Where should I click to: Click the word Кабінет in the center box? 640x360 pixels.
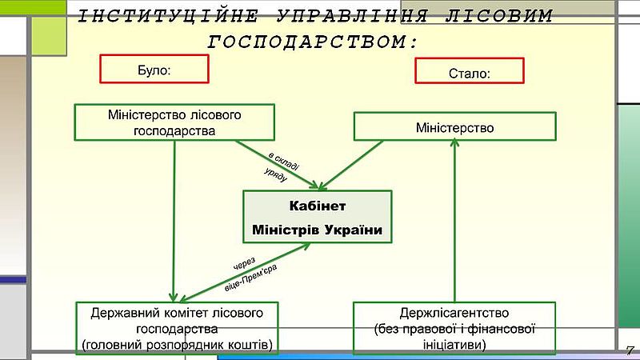point(317,206)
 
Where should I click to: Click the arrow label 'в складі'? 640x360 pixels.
point(284,162)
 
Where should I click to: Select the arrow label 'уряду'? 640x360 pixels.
point(275,174)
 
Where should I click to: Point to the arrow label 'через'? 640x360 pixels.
point(244,264)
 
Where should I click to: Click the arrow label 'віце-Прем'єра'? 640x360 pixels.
point(250,278)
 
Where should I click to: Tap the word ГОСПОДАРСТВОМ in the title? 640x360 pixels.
point(313,42)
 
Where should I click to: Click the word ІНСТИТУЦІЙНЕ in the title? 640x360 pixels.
point(168,16)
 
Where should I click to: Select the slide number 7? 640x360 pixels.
point(630,350)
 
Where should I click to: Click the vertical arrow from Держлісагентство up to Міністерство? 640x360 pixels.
point(454,221)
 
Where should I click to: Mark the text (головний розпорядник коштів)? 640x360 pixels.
point(177,345)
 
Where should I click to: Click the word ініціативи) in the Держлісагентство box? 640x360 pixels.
point(454,345)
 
